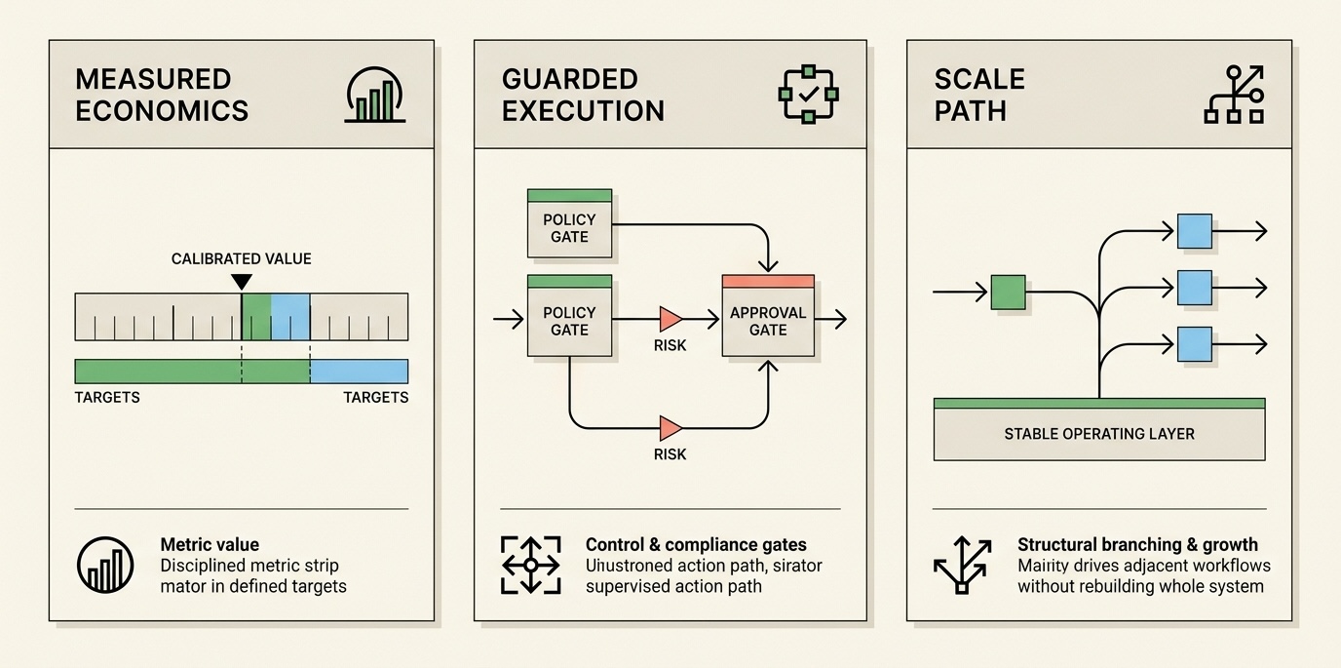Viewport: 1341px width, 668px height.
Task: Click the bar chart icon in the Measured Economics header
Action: pyautogui.click(x=376, y=95)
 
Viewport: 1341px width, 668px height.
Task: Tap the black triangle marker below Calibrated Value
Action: pyautogui.click(x=241, y=282)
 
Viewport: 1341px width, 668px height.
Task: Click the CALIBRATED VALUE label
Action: pyautogui.click(x=241, y=258)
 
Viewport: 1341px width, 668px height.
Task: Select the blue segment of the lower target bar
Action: pyautogui.click(x=359, y=371)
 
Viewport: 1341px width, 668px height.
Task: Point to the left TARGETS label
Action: pyautogui.click(x=107, y=398)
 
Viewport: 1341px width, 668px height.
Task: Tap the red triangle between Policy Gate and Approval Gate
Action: pyautogui.click(x=670, y=319)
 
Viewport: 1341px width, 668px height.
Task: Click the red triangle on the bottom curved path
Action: pyautogui.click(x=670, y=428)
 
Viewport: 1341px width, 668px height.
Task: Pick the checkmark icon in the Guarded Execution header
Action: pyautogui.click(x=807, y=95)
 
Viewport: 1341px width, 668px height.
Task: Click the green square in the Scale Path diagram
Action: pyautogui.click(x=1008, y=292)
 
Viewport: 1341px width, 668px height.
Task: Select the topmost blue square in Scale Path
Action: pyautogui.click(x=1194, y=231)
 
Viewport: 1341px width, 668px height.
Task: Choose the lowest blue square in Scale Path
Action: pyautogui.click(x=1194, y=344)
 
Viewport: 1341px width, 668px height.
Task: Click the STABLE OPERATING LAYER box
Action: pyautogui.click(x=1098, y=433)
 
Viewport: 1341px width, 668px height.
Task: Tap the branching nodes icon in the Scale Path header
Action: pyautogui.click(x=1234, y=95)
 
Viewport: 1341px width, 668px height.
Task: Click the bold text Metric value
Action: pyautogui.click(x=210, y=545)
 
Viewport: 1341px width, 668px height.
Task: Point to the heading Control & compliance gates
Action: pyautogui.click(x=696, y=545)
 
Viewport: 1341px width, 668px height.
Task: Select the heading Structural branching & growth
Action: pyautogui.click(x=1137, y=545)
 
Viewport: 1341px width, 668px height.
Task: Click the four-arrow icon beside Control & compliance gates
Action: pyautogui.click(x=530, y=565)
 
